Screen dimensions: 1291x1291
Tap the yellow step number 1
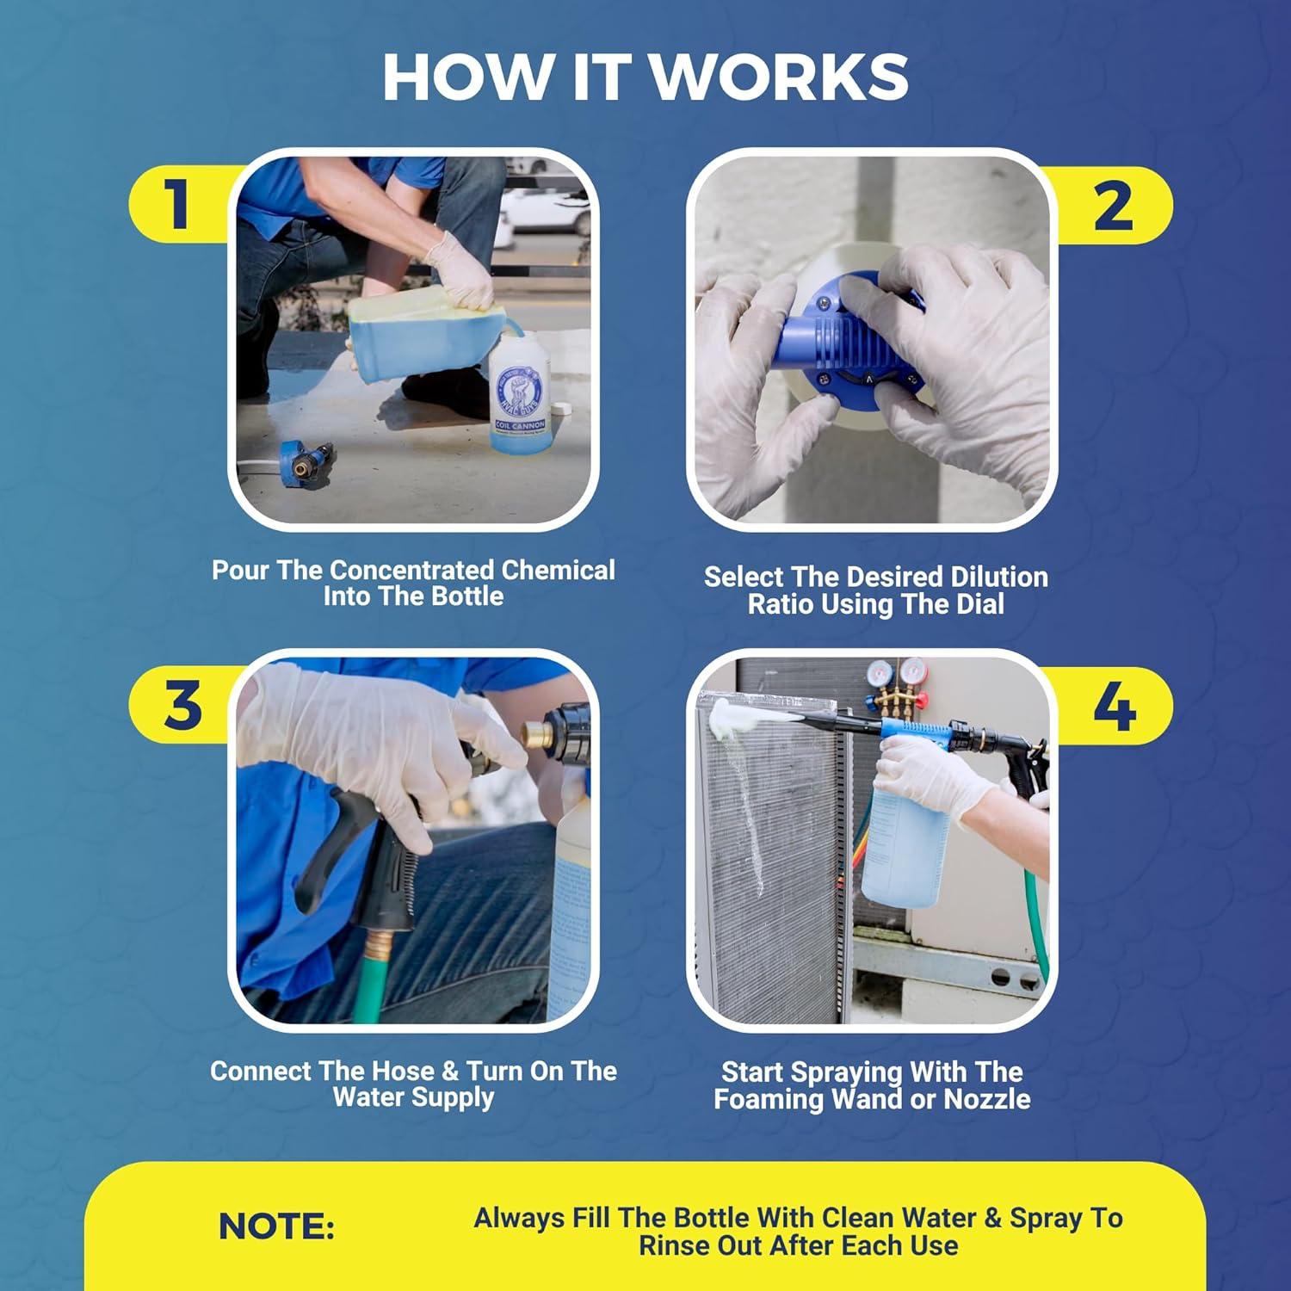click(178, 204)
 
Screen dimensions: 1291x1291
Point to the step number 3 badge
click(182, 705)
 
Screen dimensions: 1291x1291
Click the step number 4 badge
click(1114, 707)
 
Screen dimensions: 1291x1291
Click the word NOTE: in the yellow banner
click(276, 1226)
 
